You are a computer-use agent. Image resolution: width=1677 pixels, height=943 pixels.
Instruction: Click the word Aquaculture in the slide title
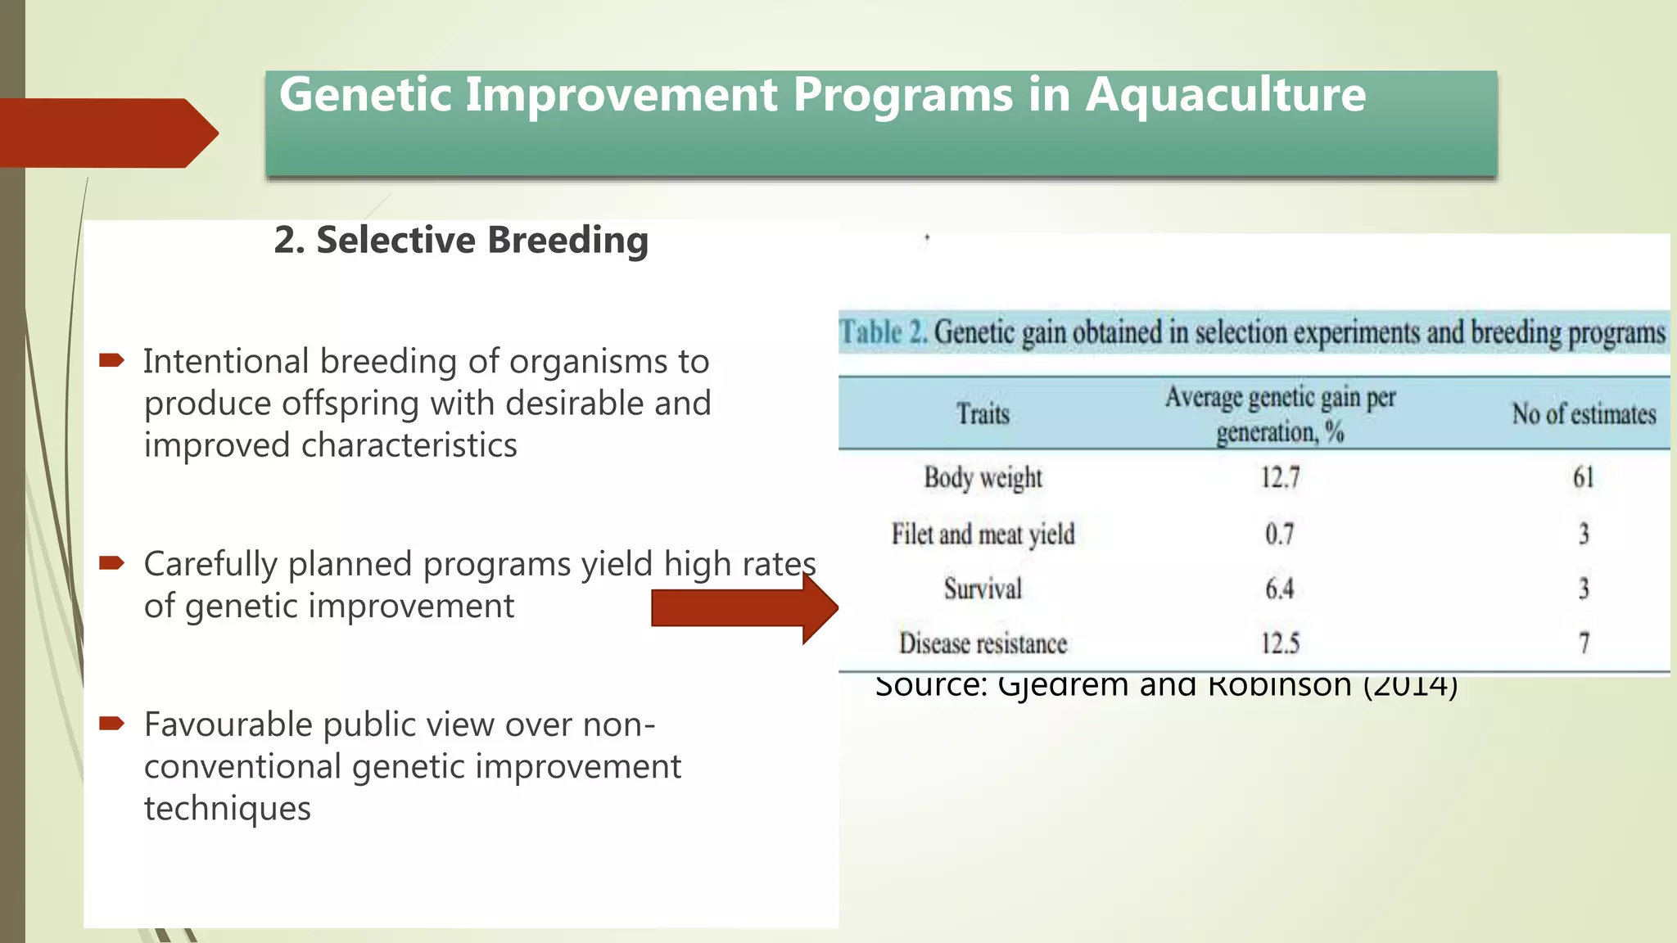point(1225,96)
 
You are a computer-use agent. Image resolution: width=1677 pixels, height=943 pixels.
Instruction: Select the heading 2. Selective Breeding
point(461,241)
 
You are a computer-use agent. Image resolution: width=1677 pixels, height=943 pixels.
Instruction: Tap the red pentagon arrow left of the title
point(106,133)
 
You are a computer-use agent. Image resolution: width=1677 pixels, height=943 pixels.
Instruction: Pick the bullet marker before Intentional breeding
point(111,359)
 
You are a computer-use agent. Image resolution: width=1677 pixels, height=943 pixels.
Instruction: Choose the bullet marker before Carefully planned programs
point(111,562)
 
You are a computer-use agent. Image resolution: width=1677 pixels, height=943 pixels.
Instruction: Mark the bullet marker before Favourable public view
point(111,723)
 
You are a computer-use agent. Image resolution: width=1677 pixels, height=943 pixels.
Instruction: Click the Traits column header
point(983,414)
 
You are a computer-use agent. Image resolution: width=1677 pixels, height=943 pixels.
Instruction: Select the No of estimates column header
point(1583,414)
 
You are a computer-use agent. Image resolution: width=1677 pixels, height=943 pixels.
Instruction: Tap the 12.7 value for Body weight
point(1280,477)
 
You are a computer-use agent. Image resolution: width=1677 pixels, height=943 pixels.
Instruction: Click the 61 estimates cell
point(1583,477)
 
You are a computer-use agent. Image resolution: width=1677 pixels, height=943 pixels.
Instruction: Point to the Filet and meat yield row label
point(983,535)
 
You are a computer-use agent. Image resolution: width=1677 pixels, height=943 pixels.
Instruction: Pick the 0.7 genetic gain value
point(1279,535)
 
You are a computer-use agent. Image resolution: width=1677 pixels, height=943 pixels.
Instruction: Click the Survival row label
point(983,589)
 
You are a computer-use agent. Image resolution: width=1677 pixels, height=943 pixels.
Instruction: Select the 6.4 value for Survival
point(1279,589)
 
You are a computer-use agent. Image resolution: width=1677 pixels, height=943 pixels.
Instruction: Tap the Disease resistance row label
point(983,643)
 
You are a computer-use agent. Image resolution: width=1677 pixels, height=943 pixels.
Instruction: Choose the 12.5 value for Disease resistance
point(1280,643)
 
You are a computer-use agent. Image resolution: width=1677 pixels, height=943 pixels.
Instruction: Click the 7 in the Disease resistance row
point(1584,643)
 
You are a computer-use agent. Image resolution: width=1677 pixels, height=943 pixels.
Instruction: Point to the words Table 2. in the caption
point(883,333)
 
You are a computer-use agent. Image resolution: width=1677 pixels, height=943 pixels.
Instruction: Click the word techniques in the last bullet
point(228,809)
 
